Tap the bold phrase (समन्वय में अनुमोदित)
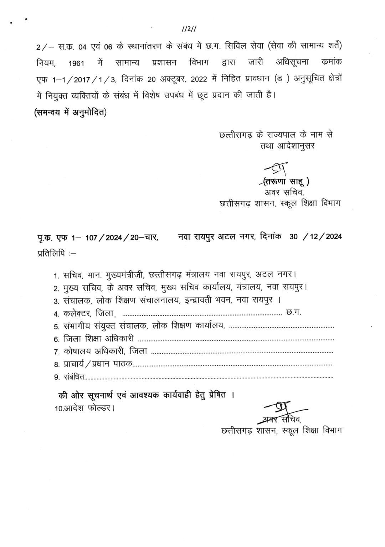click(x=70, y=112)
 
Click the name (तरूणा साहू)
click(x=286, y=182)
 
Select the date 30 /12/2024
click(x=315, y=236)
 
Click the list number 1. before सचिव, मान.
click(x=56, y=276)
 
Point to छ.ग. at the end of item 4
click(x=294, y=313)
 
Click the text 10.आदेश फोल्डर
click(x=84, y=408)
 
